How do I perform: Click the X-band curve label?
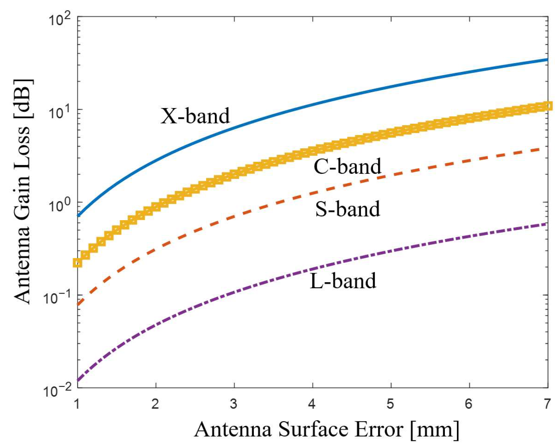click(195, 116)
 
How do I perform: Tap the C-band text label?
click(347, 166)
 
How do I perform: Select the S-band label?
click(347, 208)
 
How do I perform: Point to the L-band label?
click(342, 281)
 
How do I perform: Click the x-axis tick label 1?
click(77, 404)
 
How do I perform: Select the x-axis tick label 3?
click(234, 404)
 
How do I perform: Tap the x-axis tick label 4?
click(312, 404)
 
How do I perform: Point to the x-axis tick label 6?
click(469, 404)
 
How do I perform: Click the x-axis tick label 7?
click(547, 404)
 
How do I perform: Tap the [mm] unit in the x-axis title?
click(434, 429)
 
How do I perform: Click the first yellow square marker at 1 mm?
click(78, 263)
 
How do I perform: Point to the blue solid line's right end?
click(547, 60)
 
